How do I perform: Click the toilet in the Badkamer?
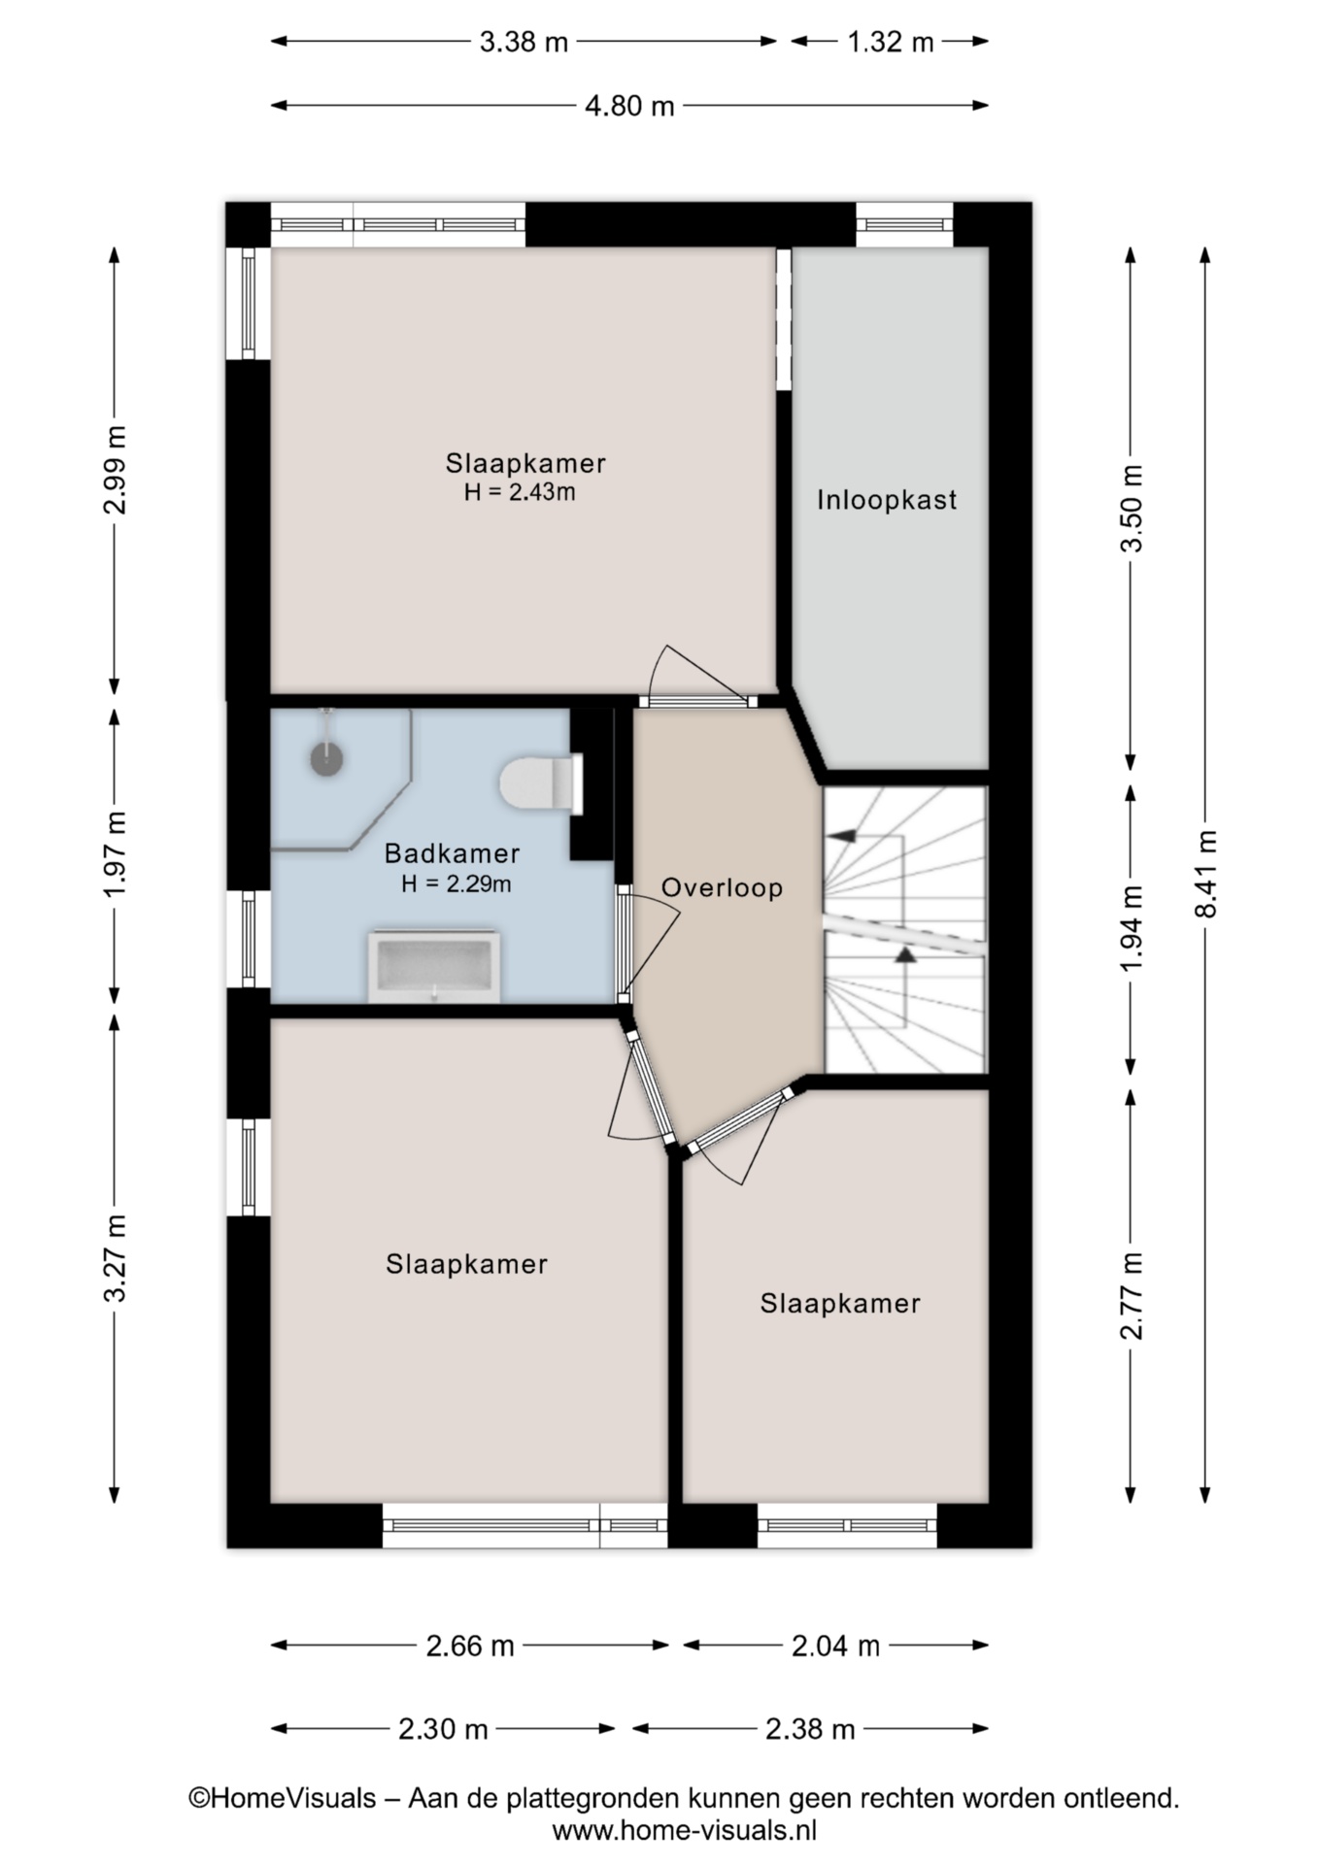click(x=542, y=783)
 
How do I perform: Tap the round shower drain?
click(x=327, y=758)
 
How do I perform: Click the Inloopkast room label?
click(x=887, y=500)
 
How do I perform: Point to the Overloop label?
click(x=722, y=887)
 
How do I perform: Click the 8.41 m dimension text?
click(x=1205, y=873)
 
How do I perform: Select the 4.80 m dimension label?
click(x=629, y=105)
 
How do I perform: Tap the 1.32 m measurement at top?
click(x=890, y=42)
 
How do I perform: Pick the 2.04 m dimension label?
click(x=835, y=1646)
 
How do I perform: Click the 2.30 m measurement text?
click(x=443, y=1729)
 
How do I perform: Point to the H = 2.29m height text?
click(x=457, y=883)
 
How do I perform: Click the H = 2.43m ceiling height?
click(x=520, y=492)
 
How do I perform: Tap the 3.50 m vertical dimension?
click(x=1132, y=508)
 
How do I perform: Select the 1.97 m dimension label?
click(x=115, y=854)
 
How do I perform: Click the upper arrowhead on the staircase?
click(x=841, y=835)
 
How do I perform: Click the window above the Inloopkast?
click(x=904, y=225)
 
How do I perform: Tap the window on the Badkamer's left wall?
click(x=249, y=939)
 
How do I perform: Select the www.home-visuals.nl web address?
click(x=685, y=1831)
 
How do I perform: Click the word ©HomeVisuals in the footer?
click(x=282, y=1798)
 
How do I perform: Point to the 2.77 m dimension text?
click(x=1132, y=1296)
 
